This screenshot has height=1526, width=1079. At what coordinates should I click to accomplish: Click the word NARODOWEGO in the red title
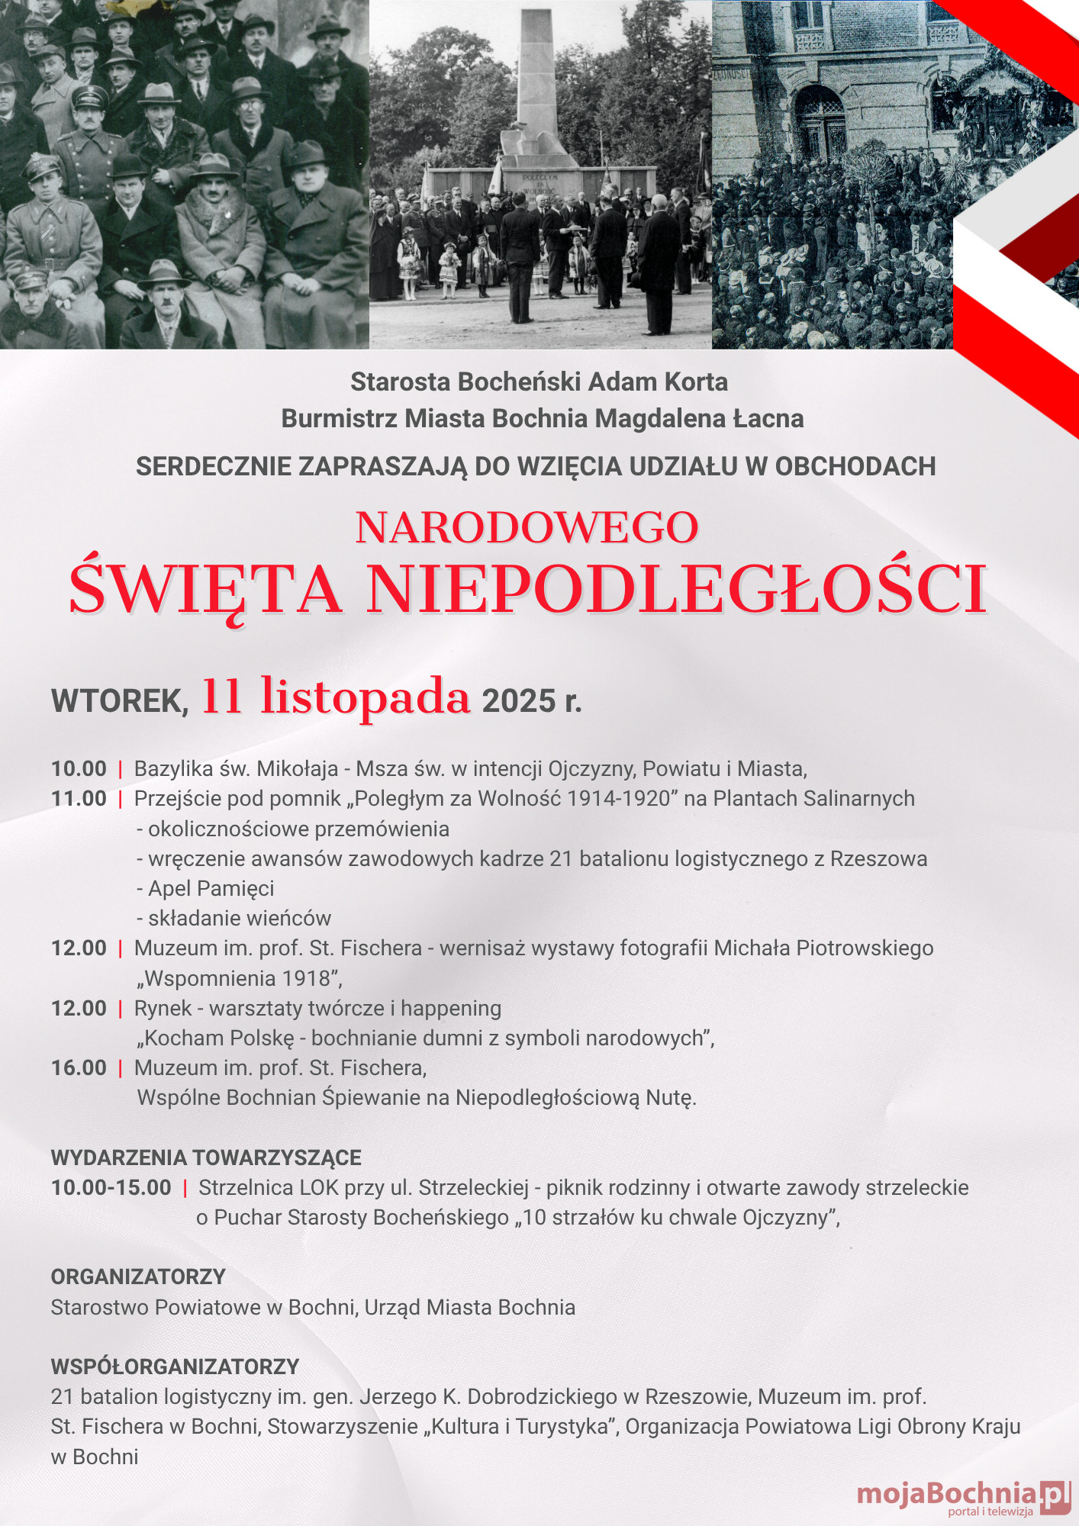(x=527, y=528)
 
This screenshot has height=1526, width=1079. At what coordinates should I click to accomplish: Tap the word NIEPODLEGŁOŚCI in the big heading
(x=677, y=589)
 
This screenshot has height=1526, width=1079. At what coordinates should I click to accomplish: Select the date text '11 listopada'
(x=336, y=696)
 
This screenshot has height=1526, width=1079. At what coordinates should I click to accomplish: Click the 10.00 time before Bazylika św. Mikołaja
(x=79, y=769)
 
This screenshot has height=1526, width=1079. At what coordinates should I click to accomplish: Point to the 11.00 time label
(x=79, y=799)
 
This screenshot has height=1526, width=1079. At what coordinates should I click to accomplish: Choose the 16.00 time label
(x=79, y=1068)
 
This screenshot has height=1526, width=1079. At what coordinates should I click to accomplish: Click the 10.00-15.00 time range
(x=111, y=1188)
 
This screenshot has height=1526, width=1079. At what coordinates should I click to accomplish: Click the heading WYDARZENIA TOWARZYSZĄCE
(x=206, y=1157)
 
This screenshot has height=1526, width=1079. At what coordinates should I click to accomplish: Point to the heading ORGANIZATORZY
(x=138, y=1276)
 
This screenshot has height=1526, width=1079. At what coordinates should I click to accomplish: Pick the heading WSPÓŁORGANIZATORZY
(x=175, y=1367)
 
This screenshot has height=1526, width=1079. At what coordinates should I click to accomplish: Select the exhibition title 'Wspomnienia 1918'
(x=239, y=978)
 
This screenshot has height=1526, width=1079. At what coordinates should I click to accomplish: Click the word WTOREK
(x=119, y=701)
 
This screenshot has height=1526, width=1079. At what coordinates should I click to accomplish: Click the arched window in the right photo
(x=820, y=122)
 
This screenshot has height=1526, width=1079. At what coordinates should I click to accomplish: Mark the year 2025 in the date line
(x=519, y=701)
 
